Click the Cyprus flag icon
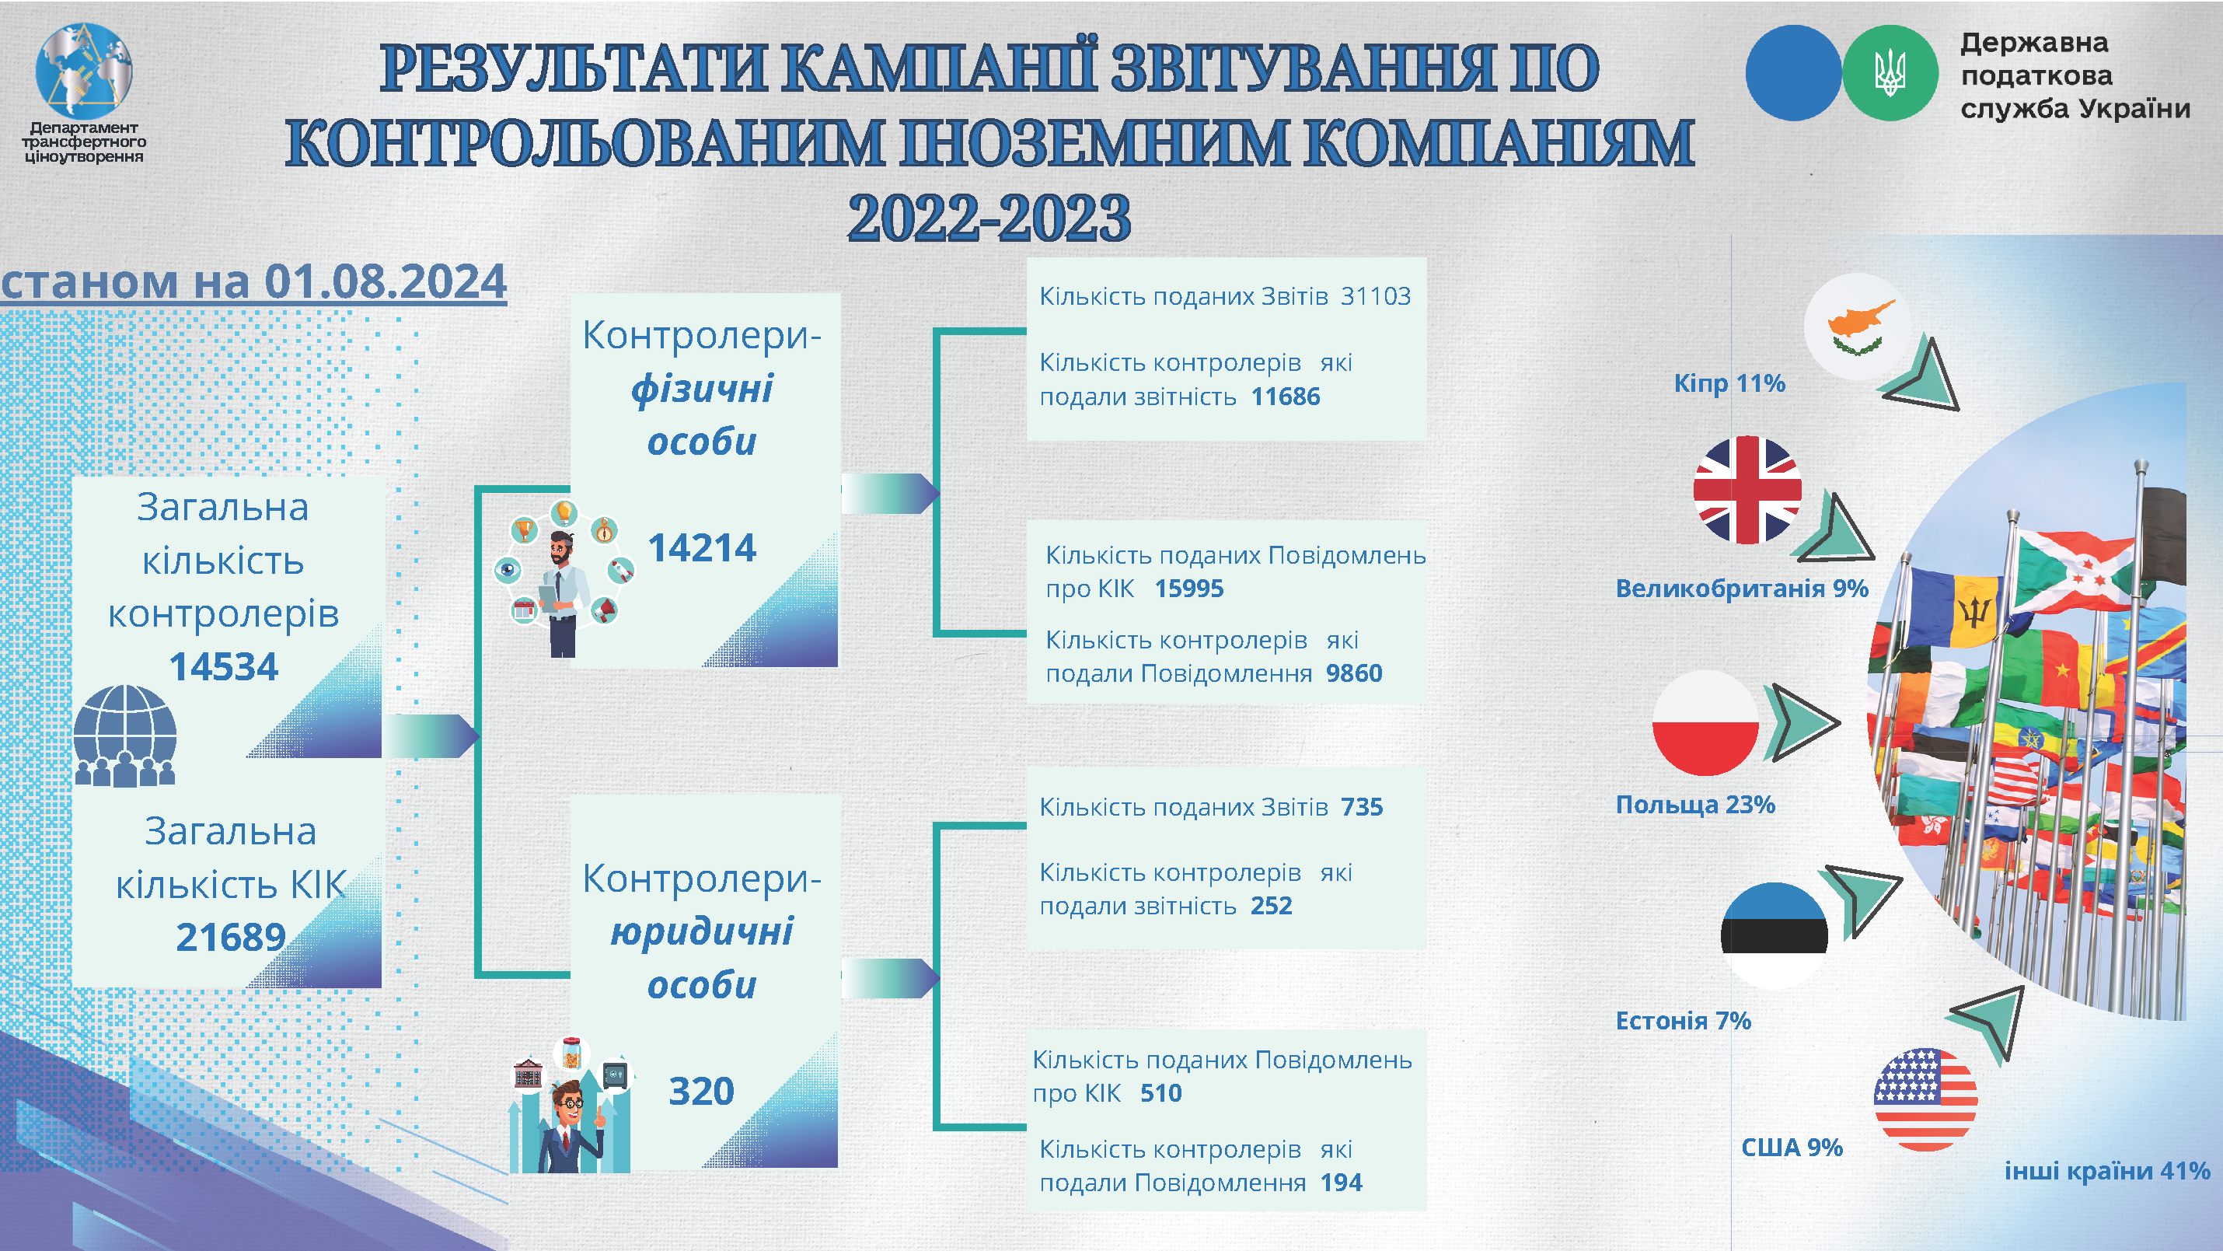[1858, 327]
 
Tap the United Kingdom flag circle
[1747, 490]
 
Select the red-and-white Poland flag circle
[1706, 722]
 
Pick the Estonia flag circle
[1775, 936]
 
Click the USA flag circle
[1925, 1099]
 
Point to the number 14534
[224, 666]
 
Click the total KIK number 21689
[230, 937]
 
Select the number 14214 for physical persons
[702, 547]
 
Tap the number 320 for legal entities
[702, 1092]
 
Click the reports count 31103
[1376, 296]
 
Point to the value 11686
[1286, 397]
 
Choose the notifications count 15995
[1189, 589]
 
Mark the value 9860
[1354, 673]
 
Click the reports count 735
[1362, 807]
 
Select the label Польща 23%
[1695, 805]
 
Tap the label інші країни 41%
[2107, 1171]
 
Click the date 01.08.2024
[385, 281]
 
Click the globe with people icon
[125, 736]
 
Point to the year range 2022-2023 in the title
[989, 218]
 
